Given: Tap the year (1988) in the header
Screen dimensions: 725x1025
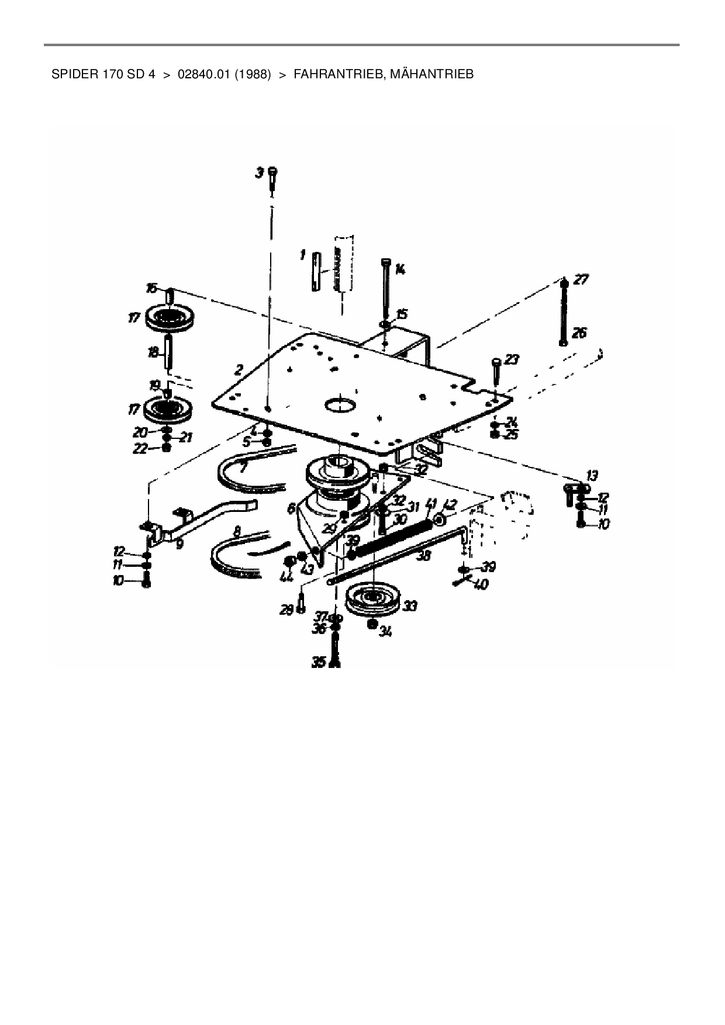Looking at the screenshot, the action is click(253, 75).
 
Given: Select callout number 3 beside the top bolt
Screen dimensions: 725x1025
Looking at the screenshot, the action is click(259, 174).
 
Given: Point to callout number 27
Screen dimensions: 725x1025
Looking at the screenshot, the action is click(581, 280).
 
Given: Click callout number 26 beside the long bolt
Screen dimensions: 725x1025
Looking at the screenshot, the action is click(579, 333).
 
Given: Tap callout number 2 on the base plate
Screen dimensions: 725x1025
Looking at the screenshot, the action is click(239, 369).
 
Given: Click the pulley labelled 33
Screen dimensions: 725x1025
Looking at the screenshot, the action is click(372, 600).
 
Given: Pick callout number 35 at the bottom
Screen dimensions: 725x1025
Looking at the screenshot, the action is click(319, 662).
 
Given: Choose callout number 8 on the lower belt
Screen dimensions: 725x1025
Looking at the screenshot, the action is click(236, 532).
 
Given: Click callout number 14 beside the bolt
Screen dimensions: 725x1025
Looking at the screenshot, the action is click(401, 269).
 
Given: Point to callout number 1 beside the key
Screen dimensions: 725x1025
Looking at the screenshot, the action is click(302, 255).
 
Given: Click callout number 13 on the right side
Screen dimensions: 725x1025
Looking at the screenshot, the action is click(593, 475).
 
